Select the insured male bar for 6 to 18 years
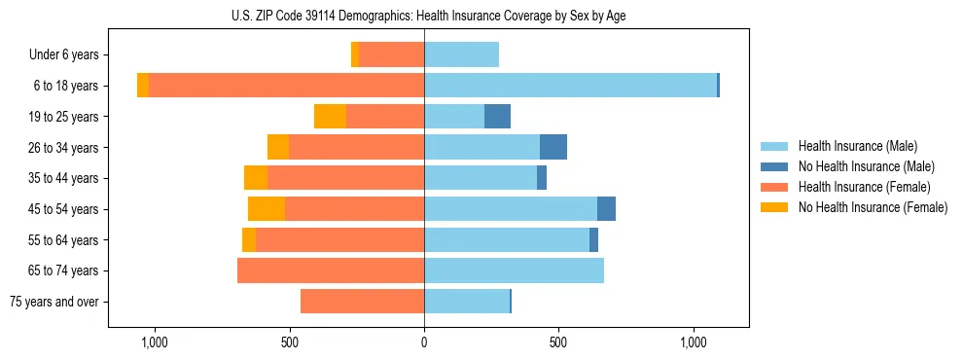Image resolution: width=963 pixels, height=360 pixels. (570, 86)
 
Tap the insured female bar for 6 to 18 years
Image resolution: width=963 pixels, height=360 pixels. (286, 86)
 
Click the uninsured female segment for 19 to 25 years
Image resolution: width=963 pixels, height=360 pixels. (330, 117)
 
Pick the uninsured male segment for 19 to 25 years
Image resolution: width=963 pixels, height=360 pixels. (497, 117)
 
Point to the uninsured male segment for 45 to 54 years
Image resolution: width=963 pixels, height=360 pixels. (606, 209)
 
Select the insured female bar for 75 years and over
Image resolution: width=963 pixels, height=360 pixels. (362, 302)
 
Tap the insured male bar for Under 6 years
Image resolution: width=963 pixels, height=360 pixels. (461, 54)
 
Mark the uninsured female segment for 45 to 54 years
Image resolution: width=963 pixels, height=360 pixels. (267, 209)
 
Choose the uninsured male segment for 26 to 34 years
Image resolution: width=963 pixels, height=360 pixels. (553, 147)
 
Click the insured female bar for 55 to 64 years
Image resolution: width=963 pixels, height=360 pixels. (339, 239)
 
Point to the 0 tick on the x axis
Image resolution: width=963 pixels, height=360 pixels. (424, 343)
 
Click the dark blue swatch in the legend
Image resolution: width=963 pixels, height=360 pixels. (774, 166)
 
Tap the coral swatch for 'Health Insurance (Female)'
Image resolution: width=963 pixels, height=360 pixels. (774, 187)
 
